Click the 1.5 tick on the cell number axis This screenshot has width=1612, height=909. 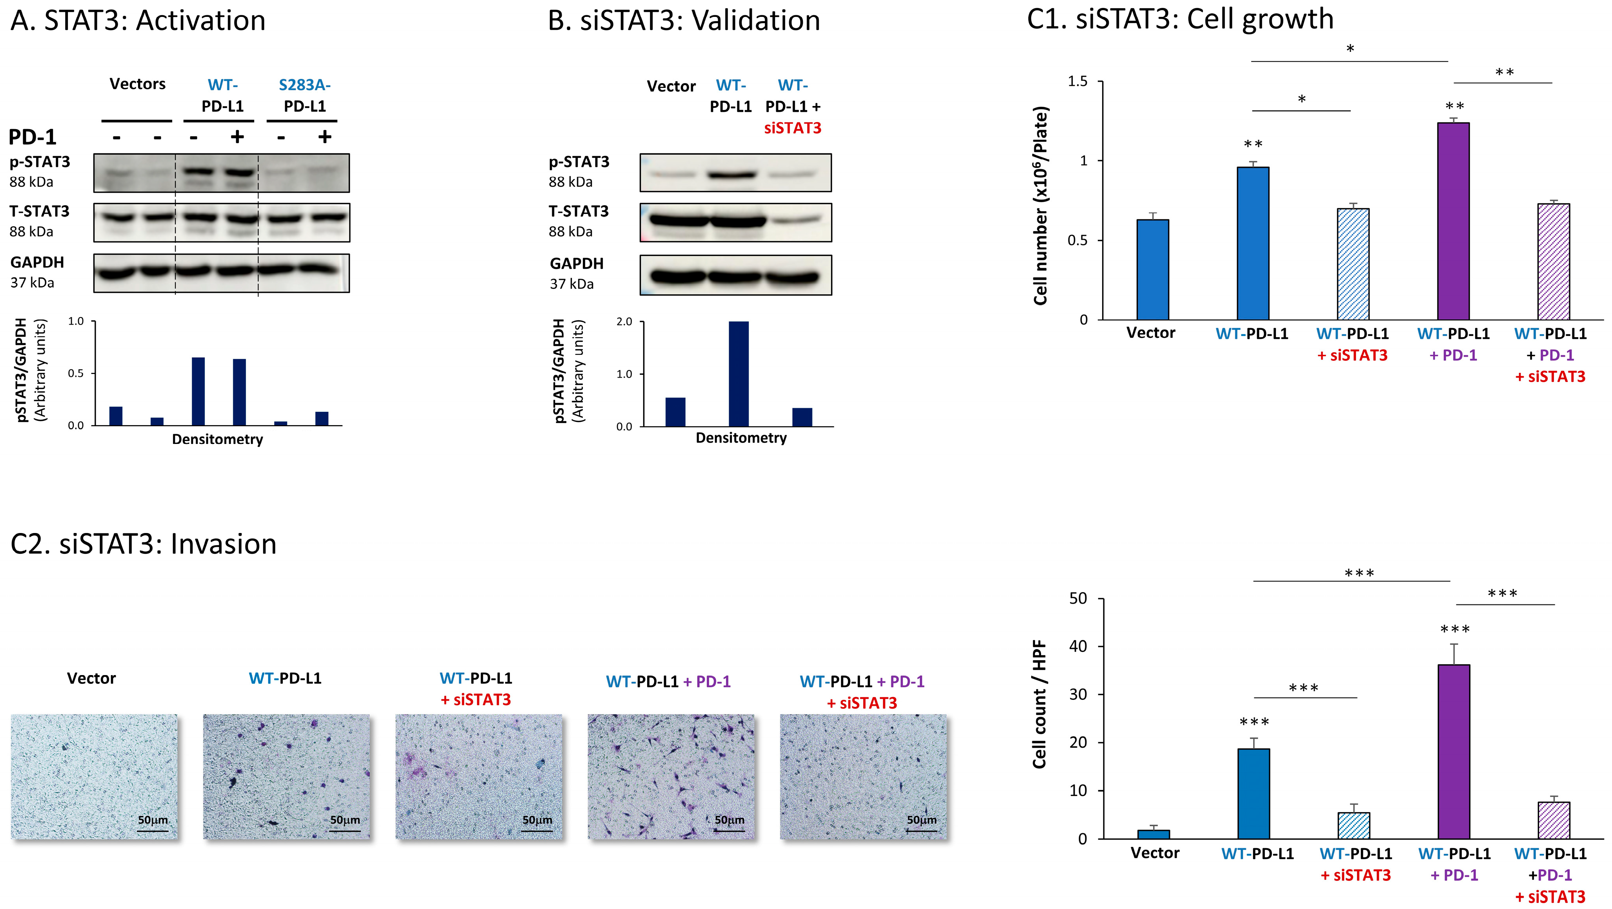(x=1077, y=81)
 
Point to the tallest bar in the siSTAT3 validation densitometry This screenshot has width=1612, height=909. (x=739, y=374)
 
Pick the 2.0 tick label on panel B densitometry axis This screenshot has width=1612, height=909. (x=624, y=322)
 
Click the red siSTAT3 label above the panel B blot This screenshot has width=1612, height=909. (x=792, y=128)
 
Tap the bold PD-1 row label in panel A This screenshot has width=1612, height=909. (x=33, y=137)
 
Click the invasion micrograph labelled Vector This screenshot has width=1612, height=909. (x=94, y=776)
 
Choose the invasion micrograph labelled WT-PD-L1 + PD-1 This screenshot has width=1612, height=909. (x=671, y=776)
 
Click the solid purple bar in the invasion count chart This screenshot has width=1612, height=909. (x=1454, y=751)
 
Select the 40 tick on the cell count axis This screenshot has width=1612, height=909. (x=1077, y=647)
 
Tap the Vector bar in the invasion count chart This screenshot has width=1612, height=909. (x=1154, y=834)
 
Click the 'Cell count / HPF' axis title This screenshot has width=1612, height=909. (x=1039, y=704)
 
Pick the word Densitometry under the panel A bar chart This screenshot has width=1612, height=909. (x=217, y=440)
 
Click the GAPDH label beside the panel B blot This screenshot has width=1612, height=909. (x=576, y=264)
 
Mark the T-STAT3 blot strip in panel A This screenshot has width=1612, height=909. (x=222, y=222)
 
